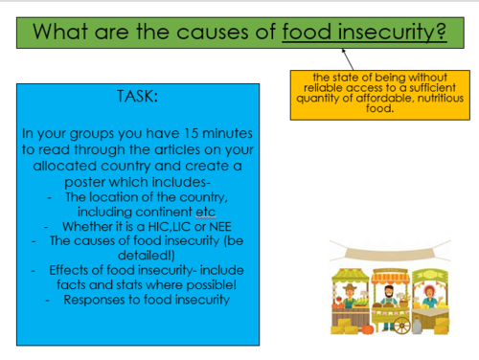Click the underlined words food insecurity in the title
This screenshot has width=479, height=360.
(x=364, y=32)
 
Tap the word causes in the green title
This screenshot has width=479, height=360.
(x=213, y=32)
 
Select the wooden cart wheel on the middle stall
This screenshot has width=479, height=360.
(x=402, y=326)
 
